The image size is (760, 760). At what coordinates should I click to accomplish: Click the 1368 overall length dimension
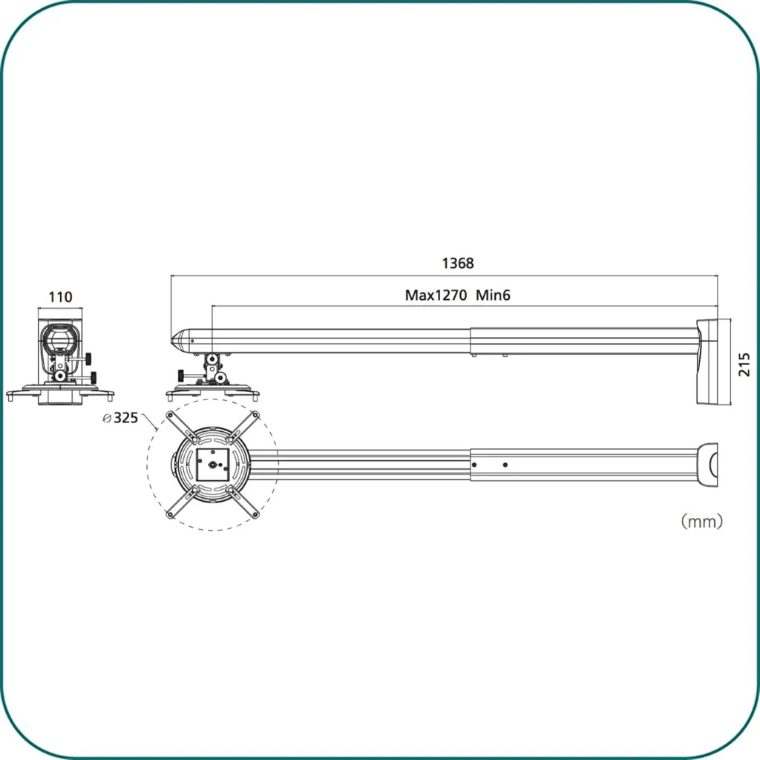[x=457, y=263]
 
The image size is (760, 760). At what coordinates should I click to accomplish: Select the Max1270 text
[x=436, y=295]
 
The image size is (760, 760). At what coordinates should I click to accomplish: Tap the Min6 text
[x=493, y=295]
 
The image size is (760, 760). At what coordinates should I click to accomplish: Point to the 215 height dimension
[x=744, y=364]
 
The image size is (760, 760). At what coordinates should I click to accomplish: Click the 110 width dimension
[x=60, y=297]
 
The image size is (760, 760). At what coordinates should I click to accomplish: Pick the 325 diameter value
[x=126, y=418]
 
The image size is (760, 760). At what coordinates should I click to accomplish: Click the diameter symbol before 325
[x=107, y=419]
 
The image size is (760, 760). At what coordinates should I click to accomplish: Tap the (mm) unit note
[x=702, y=522]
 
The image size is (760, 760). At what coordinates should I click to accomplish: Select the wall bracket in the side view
[x=713, y=361]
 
